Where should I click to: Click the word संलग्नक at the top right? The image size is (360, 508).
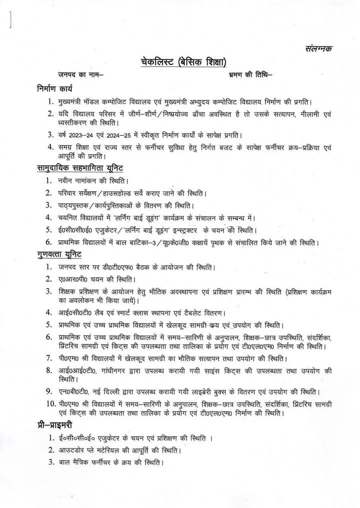pyautogui.click(x=317, y=48)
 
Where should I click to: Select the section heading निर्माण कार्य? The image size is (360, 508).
pyautogui.click(x=55, y=90)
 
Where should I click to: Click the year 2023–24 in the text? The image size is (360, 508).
pyautogui.click(x=87, y=134)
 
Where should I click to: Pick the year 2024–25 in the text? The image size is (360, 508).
pyautogui.click(x=125, y=134)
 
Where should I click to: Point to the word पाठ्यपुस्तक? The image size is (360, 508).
pyautogui.click(x=76, y=205)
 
